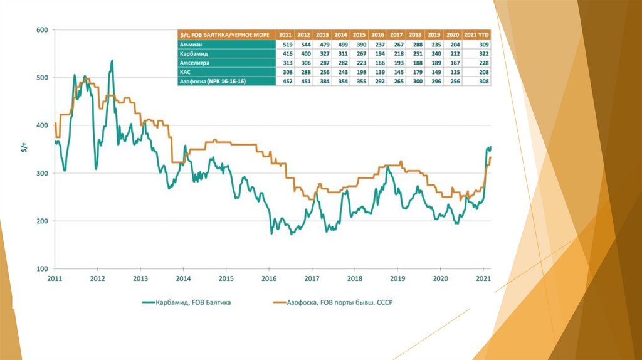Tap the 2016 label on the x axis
tap(269, 278)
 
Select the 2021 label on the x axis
tap(483, 278)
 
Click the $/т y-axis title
tap(24, 149)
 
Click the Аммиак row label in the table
tap(191, 45)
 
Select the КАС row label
tap(185, 72)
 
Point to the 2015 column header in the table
tap(359, 35)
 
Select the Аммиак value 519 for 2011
tap(285, 45)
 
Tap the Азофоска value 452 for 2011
tap(285, 82)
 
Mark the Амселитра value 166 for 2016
tap(377, 63)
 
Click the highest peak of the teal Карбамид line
tap(112, 61)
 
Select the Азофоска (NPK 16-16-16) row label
tap(213, 82)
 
